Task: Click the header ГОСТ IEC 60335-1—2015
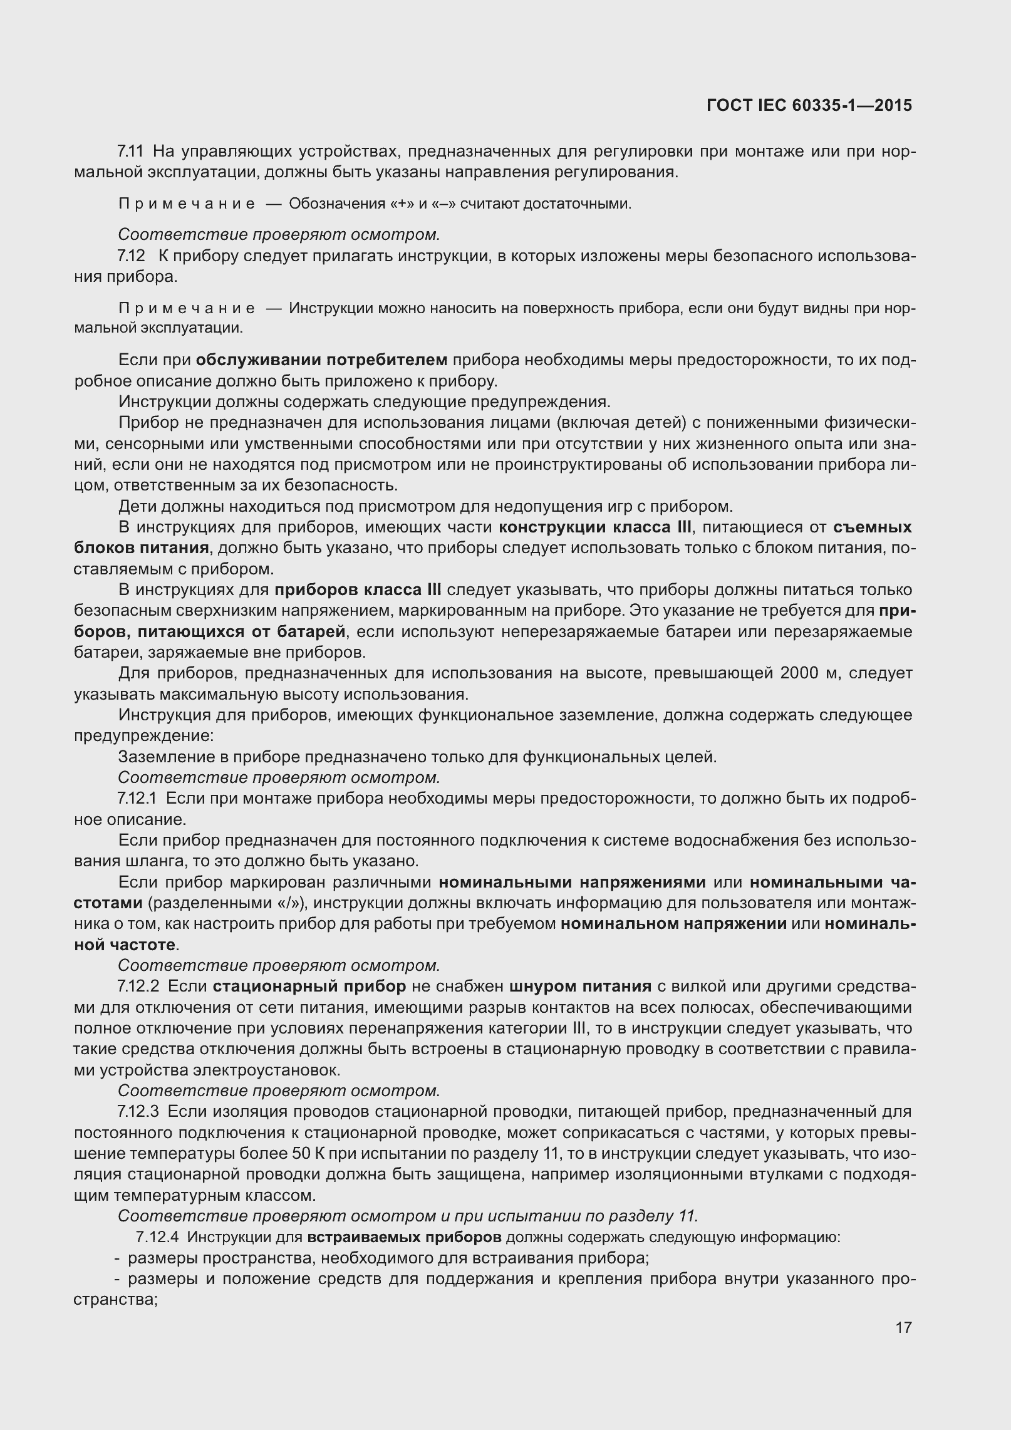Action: pos(809,105)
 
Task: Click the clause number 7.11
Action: pos(130,152)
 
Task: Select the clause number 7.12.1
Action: pos(140,799)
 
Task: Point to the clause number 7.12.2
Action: pos(140,987)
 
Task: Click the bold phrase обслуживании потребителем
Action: pos(321,360)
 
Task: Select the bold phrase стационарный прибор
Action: pos(309,987)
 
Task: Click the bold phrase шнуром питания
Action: pos(581,987)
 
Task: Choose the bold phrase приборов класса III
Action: pos(358,590)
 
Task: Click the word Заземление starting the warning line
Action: pos(165,757)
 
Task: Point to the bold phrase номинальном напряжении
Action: pos(673,924)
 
